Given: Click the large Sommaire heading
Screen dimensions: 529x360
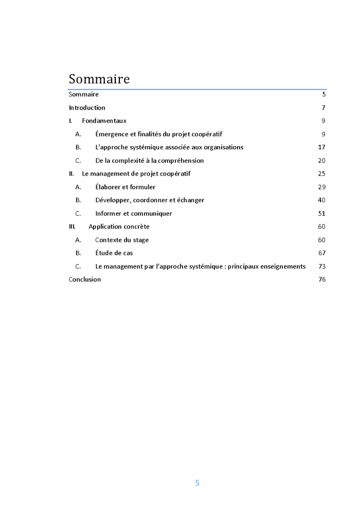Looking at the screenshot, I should tap(99, 79).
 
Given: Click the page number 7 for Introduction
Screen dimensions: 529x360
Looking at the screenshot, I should tap(323, 108).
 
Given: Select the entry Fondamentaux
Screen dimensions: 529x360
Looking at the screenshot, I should tap(104, 121).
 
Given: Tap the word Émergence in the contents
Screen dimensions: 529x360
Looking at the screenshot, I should tap(112, 134).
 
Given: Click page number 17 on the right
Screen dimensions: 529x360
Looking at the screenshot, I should tap(322, 147).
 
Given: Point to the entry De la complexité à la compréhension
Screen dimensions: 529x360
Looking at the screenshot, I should tap(149, 161).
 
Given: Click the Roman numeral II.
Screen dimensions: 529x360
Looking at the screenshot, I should tap(71, 174).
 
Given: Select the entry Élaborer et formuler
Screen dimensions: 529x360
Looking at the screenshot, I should tap(125, 187).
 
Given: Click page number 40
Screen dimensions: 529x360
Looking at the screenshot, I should tap(322, 200).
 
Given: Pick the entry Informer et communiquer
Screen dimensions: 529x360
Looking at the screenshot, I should tap(134, 214).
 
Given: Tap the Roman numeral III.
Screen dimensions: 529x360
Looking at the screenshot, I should tap(72, 226).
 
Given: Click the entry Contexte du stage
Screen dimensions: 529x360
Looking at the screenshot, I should tap(122, 240).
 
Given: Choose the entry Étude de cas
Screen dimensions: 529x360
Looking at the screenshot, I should tap(114, 253).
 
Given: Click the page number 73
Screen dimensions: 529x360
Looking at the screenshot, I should tap(322, 267).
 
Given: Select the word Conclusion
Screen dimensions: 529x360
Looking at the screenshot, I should tap(85, 279).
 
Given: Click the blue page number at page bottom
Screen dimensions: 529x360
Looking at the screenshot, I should tap(197, 483).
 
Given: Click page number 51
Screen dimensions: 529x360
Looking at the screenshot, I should tap(322, 214).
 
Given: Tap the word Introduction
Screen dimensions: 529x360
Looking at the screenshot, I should tap(87, 108).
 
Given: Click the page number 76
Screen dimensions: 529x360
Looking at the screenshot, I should tap(322, 279).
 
